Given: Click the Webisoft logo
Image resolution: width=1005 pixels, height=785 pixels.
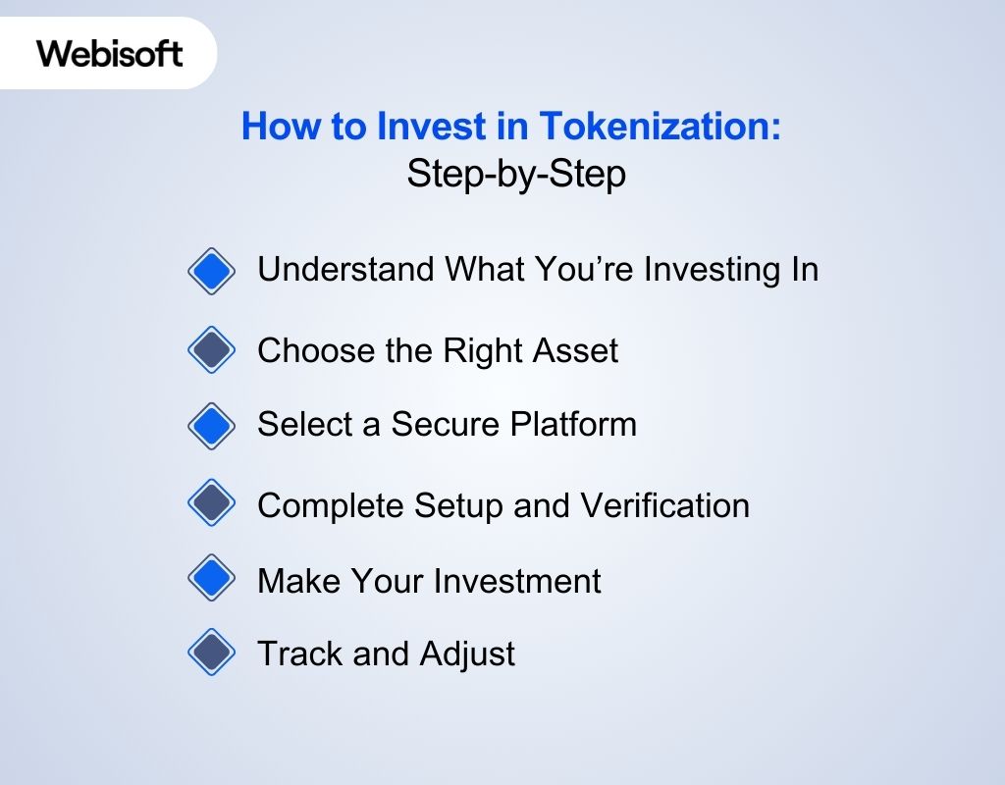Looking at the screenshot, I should point(110,53).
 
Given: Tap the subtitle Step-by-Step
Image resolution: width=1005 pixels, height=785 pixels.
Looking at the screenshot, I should point(516,175).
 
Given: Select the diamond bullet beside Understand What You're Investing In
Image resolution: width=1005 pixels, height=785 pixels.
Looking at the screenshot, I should point(211,270).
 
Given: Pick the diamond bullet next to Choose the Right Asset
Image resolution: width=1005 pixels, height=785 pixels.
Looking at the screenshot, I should point(211,349).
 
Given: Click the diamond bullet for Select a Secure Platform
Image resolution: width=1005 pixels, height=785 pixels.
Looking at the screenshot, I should point(211,425).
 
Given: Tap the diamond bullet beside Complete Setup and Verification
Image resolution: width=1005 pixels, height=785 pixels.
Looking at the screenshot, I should point(211,504).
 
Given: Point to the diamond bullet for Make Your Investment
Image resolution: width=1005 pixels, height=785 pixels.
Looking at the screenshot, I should point(211,579).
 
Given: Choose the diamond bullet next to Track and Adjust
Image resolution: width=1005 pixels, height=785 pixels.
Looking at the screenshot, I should point(211,653).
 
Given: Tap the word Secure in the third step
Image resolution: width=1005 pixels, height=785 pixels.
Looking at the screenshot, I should point(446,424).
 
